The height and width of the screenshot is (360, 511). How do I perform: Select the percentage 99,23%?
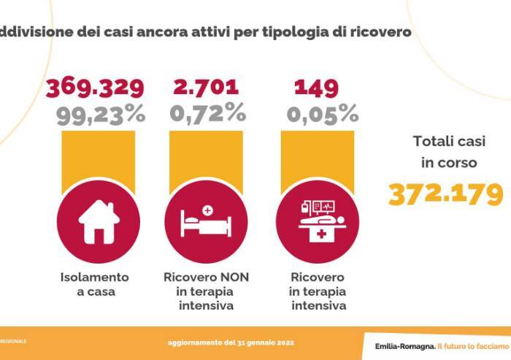[x=100, y=113]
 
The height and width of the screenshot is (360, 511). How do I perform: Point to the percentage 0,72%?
[x=207, y=113]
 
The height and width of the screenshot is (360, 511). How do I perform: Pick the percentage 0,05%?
[x=322, y=113]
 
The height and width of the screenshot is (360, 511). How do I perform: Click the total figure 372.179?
[x=445, y=194]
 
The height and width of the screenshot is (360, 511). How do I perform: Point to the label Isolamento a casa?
[x=95, y=285]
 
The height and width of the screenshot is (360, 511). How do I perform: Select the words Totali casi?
[x=445, y=142]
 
